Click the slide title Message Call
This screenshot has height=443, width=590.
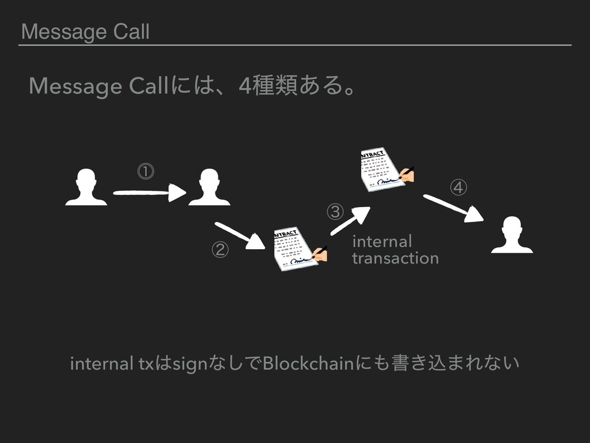coord(85,32)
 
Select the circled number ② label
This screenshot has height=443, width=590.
coord(220,250)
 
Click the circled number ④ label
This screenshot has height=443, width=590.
coord(459,187)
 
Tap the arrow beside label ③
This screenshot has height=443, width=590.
coord(350,221)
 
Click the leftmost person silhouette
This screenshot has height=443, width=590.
coord(86,187)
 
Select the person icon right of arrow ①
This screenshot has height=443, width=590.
coord(209,187)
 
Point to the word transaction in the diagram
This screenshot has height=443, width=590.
coord(395,258)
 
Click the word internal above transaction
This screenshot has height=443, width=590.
coord(382,240)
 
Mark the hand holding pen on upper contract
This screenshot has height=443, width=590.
coord(406,174)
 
